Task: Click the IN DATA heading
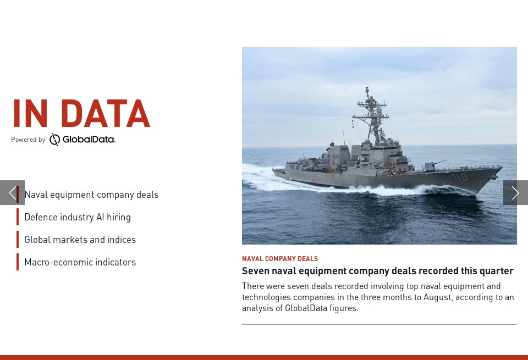click(81, 114)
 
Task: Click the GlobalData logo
click(82, 140)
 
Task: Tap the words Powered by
click(28, 140)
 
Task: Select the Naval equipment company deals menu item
click(91, 195)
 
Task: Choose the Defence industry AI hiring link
click(78, 217)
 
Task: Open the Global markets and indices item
click(80, 240)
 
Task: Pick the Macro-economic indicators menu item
click(80, 262)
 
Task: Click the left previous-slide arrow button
click(12, 192)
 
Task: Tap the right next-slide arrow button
click(515, 192)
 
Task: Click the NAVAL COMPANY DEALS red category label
click(280, 259)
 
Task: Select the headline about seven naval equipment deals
click(377, 271)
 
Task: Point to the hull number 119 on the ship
click(460, 178)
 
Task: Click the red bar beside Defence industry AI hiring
click(18, 217)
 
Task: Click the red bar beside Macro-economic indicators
click(18, 262)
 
